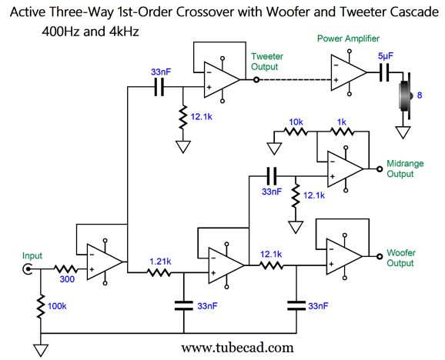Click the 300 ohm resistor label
[x=67, y=279]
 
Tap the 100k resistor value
[x=57, y=306]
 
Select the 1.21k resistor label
[x=160, y=262]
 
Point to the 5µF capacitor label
[x=386, y=56]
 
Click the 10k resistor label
[x=296, y=122]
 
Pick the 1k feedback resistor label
[x=342, y=122]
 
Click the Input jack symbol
[x=28, y=268]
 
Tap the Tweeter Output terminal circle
[x=256, y=80]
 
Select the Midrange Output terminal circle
[x=380, y=169]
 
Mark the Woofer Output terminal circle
[x=380, y=256]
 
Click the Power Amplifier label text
[x=348, y=38]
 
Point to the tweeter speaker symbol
[x=405, y=96]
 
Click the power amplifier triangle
[x=349, y=72]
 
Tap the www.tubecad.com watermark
[x=238, y=348]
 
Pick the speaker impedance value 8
[x=420, y=95]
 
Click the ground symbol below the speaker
[x=403, y=132]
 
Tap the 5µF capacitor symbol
[x=384, y=72]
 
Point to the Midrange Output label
[x=405, y=168]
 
